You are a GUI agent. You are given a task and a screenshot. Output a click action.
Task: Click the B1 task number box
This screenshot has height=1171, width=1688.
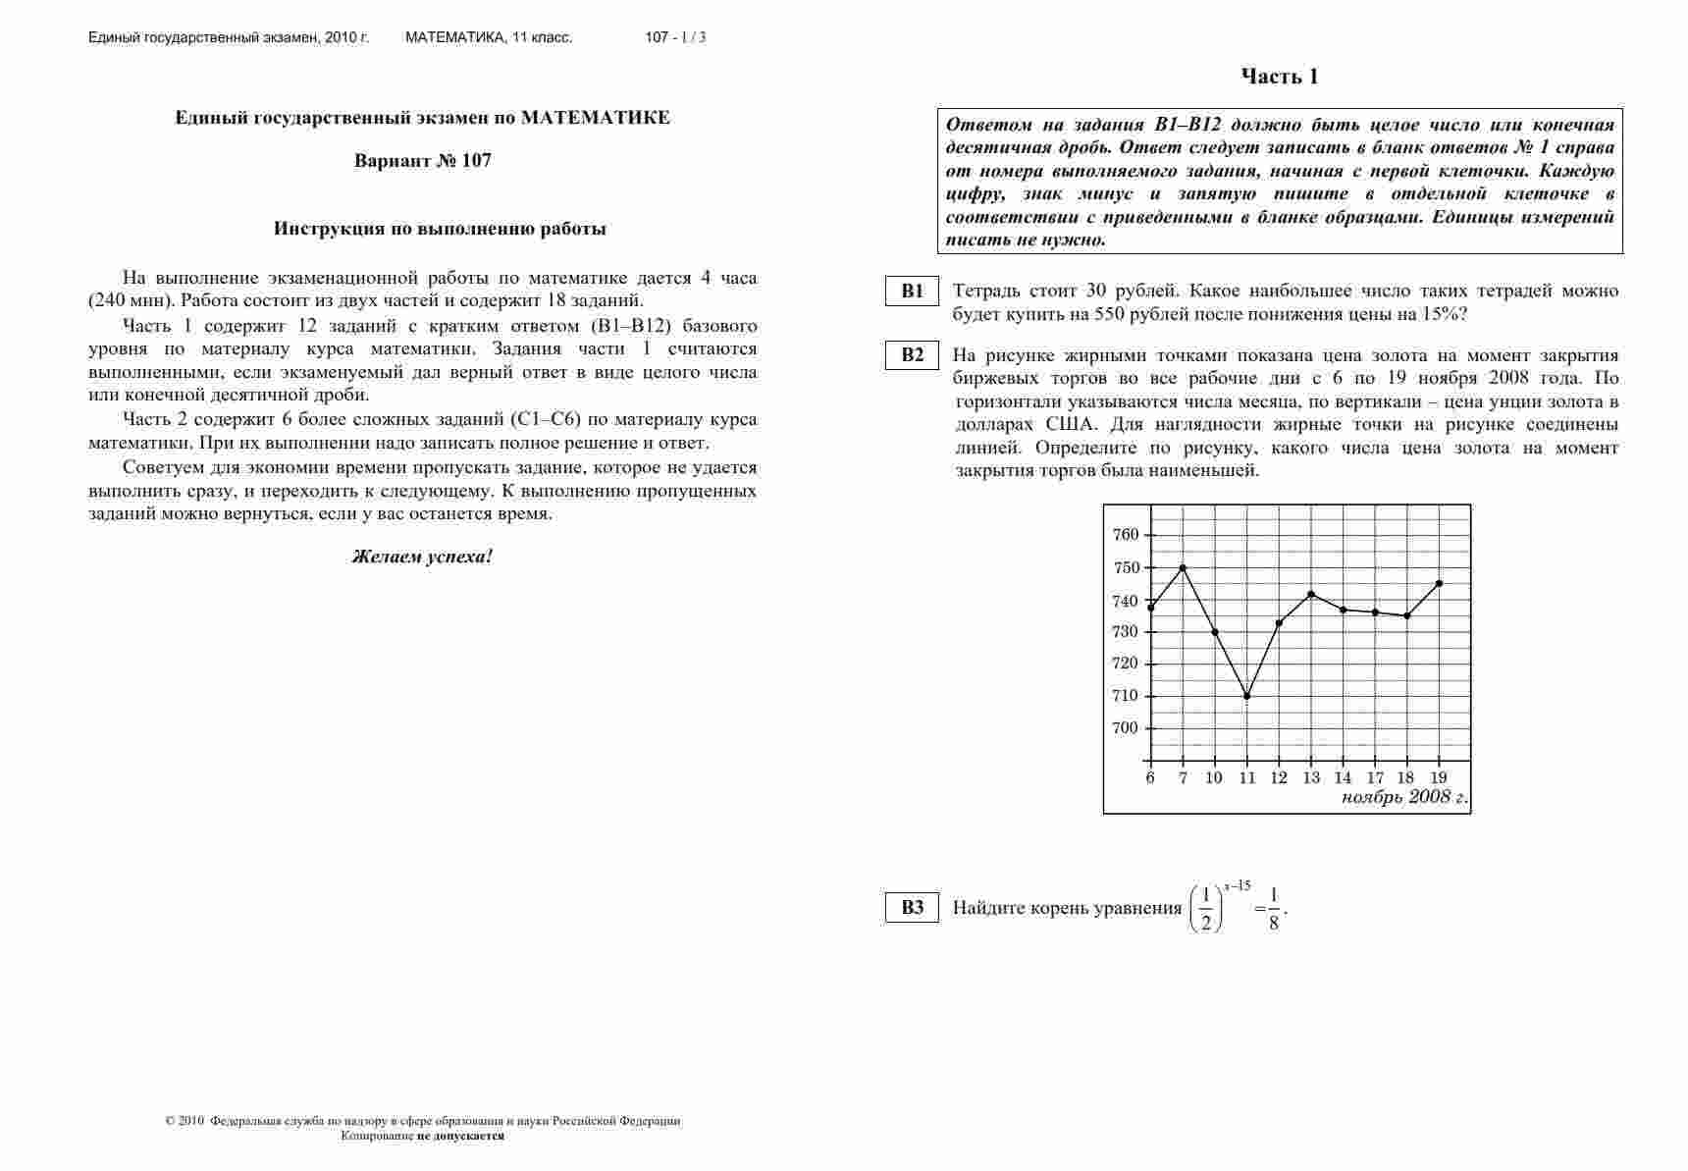tap(913, 292)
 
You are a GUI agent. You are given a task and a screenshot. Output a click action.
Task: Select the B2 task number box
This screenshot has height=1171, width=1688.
tap(913, 355)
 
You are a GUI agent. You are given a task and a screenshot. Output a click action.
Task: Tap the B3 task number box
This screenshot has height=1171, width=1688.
tap(913, 907)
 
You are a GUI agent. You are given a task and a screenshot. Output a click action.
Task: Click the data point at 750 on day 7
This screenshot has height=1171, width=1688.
tap(1183, 567)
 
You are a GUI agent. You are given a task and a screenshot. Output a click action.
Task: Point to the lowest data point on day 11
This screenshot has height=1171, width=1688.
tap(1247, 696)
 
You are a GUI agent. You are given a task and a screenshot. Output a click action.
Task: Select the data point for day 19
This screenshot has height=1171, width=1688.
tap(1440, 583)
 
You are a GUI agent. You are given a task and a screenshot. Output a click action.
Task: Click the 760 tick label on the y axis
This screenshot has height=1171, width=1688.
tap(1126, 535)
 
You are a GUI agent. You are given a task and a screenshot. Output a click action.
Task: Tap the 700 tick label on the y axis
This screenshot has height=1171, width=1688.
tap(1126, 728)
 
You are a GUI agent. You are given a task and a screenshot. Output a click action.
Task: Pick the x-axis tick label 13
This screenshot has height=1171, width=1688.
tap(1311, 778)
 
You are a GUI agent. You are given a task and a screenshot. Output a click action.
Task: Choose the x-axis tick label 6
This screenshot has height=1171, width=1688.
tap(1150, 778)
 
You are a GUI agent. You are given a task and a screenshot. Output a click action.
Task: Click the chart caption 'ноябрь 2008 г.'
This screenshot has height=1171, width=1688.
tap(1403, 797)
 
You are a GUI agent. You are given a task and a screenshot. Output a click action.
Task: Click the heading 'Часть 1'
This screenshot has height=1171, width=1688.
tap(1280, 77)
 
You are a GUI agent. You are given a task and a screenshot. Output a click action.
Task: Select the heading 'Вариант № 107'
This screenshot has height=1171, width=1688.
tap(423, 161)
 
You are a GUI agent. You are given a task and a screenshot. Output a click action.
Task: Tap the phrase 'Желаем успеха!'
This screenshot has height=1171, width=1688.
tap(422, 557)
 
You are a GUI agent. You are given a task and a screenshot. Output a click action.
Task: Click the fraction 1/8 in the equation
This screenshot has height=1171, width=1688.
tap(1274, 908)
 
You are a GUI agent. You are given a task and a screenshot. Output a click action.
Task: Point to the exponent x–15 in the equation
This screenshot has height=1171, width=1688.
tap(1238, 886)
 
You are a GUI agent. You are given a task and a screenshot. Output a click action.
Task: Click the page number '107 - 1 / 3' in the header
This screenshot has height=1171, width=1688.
tap(675, 38)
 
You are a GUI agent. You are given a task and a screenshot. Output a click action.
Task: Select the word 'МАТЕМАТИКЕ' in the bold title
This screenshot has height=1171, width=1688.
tap(596, 118)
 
